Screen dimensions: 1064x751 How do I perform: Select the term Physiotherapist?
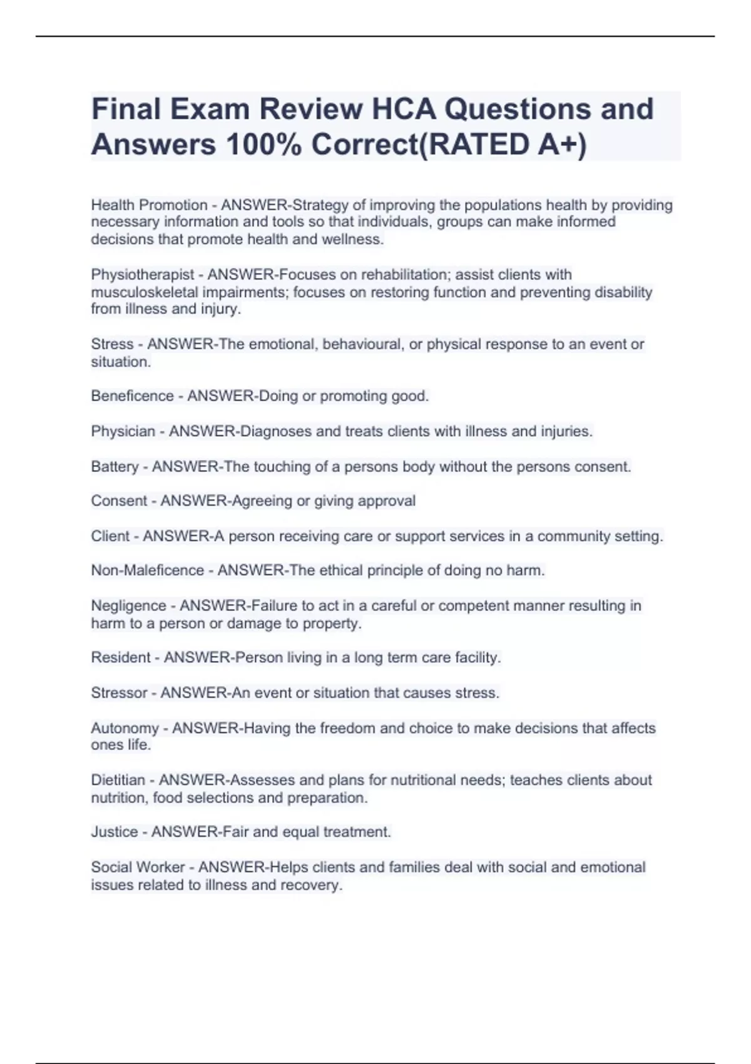(143, 275)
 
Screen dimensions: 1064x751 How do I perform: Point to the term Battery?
(115, 467)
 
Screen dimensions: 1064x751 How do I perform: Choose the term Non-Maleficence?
(148, 571)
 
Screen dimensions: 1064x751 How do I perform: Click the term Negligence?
(128, 606)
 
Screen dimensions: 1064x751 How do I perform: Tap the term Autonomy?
(125, 729)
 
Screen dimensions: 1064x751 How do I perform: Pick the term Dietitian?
(118, 780)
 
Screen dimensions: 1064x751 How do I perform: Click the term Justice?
(115, 832)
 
